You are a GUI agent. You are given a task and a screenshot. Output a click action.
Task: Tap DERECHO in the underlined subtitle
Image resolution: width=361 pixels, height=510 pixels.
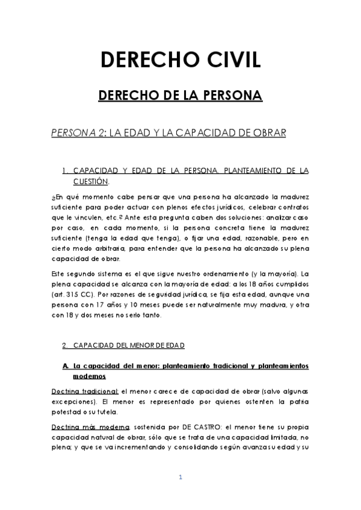(126, 96)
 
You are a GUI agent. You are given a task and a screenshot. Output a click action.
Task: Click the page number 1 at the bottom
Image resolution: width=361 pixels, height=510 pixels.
(180, 477)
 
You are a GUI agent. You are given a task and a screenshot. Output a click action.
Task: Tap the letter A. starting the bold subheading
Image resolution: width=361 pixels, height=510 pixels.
(66, 366)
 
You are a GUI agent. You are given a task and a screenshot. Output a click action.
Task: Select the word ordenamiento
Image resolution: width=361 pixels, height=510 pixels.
(205, 274)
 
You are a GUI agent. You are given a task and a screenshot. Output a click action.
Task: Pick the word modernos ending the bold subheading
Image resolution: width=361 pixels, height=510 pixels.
(90, 376)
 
